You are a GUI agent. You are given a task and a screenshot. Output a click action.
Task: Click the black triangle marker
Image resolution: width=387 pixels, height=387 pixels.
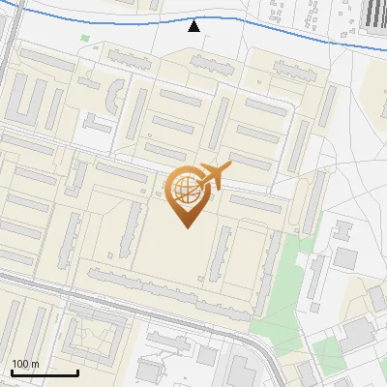point(194,26)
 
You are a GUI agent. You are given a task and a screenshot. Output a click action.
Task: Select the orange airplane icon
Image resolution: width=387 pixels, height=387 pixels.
point(213,176)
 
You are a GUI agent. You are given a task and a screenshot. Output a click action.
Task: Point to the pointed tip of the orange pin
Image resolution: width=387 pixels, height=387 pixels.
point(185,226)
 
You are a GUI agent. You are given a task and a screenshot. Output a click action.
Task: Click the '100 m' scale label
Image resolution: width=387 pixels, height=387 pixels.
point(25,364)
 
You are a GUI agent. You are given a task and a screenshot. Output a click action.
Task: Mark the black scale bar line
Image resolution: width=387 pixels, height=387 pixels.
point(45,372)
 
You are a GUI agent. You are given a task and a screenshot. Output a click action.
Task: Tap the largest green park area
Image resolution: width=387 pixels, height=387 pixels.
point(281,290)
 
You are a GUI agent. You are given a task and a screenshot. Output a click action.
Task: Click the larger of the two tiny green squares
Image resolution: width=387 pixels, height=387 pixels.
point(85,40)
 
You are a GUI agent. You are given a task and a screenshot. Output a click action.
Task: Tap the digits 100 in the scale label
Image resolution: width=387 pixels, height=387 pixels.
point(20,364)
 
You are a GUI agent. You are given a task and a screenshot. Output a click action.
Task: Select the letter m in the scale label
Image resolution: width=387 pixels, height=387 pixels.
point(35,365)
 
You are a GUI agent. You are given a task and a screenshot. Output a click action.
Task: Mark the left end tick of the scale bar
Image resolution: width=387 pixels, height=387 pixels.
point(12,372)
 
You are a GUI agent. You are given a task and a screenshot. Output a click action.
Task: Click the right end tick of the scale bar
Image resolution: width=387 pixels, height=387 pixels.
point(77,372)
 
